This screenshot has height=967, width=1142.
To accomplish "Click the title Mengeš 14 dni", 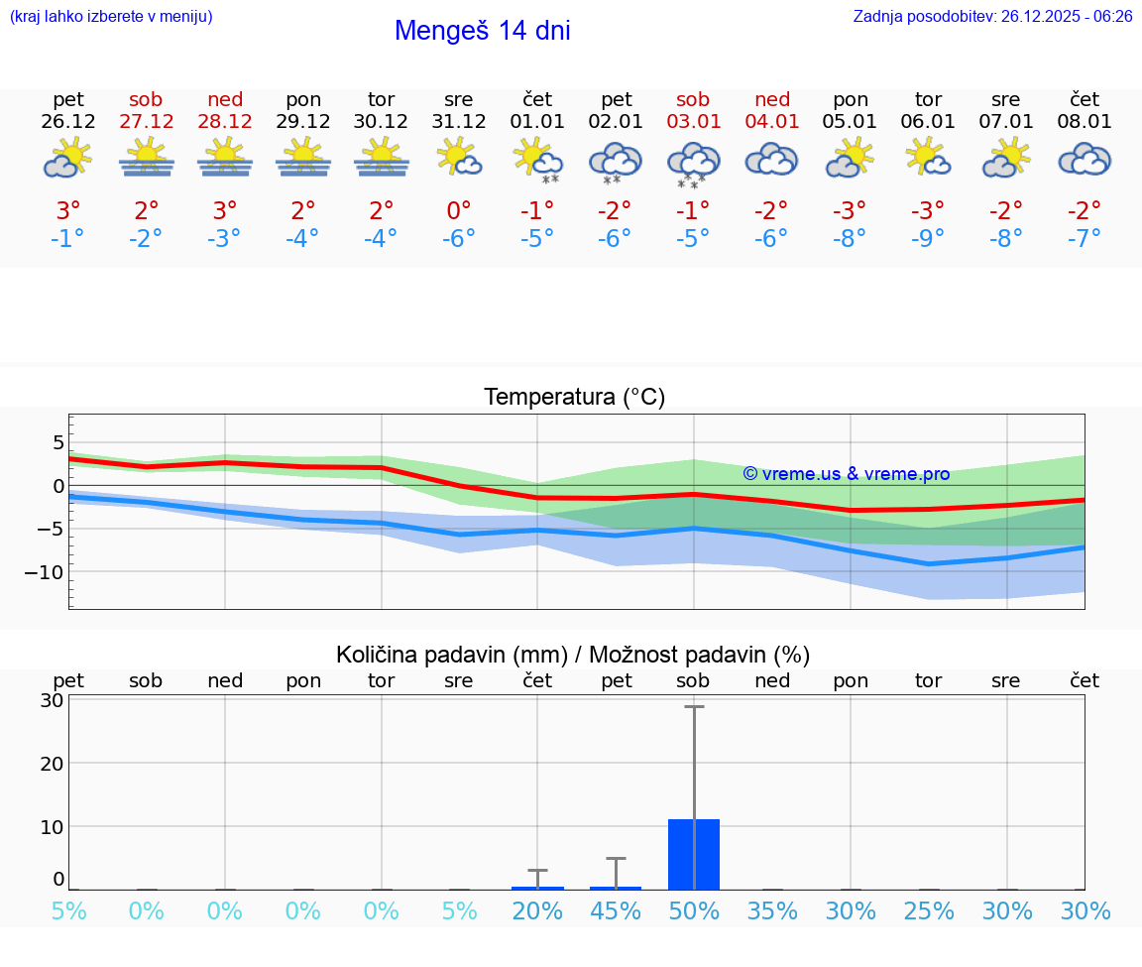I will tap(482, 31).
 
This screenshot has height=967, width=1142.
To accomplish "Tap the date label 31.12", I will tap(459, 122).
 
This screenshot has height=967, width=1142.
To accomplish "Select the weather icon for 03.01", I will tap(693, 163).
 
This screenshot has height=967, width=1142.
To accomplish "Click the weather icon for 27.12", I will tap(146, 159).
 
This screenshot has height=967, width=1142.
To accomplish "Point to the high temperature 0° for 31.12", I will tap(459, 210).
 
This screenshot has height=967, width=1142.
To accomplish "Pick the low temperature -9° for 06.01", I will tap(928, 238).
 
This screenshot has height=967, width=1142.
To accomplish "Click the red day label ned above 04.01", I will tap(772, 99).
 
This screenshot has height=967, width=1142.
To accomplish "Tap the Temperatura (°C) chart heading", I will tap(574, 397).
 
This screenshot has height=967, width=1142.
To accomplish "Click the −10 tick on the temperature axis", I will tap(46, 572).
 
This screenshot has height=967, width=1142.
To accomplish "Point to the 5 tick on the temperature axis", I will tap(58, 441).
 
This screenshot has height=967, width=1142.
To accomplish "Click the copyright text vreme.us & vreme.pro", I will tap(847, 474).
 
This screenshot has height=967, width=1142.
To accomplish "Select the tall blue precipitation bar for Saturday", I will tap(694, 854).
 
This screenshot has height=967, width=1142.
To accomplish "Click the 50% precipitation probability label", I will tap(694, 911).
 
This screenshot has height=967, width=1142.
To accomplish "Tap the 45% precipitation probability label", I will tap(616, 911).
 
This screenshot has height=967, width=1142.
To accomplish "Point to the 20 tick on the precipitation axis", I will tap(52, 763).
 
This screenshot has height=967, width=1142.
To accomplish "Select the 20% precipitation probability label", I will tap(537, 911).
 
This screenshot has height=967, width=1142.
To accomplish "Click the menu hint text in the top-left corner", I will tap(110, 17).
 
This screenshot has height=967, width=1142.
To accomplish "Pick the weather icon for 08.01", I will tap(1085, 160).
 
